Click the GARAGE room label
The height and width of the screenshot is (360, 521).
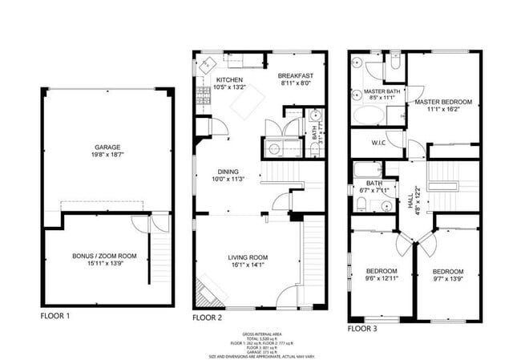[x=107, y=148]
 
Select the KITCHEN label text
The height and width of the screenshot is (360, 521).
[x=228, y=80]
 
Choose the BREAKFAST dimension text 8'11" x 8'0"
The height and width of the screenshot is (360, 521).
[x=296, y=83]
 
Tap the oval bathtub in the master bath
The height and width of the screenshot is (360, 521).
[x=369, y=115]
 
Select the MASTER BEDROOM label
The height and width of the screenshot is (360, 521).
[x=443, y=103]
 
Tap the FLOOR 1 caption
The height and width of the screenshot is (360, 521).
[x=55, y=317]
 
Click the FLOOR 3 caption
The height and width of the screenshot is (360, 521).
[x=364, y=328]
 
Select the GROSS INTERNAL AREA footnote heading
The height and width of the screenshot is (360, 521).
[x=260, y=334]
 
